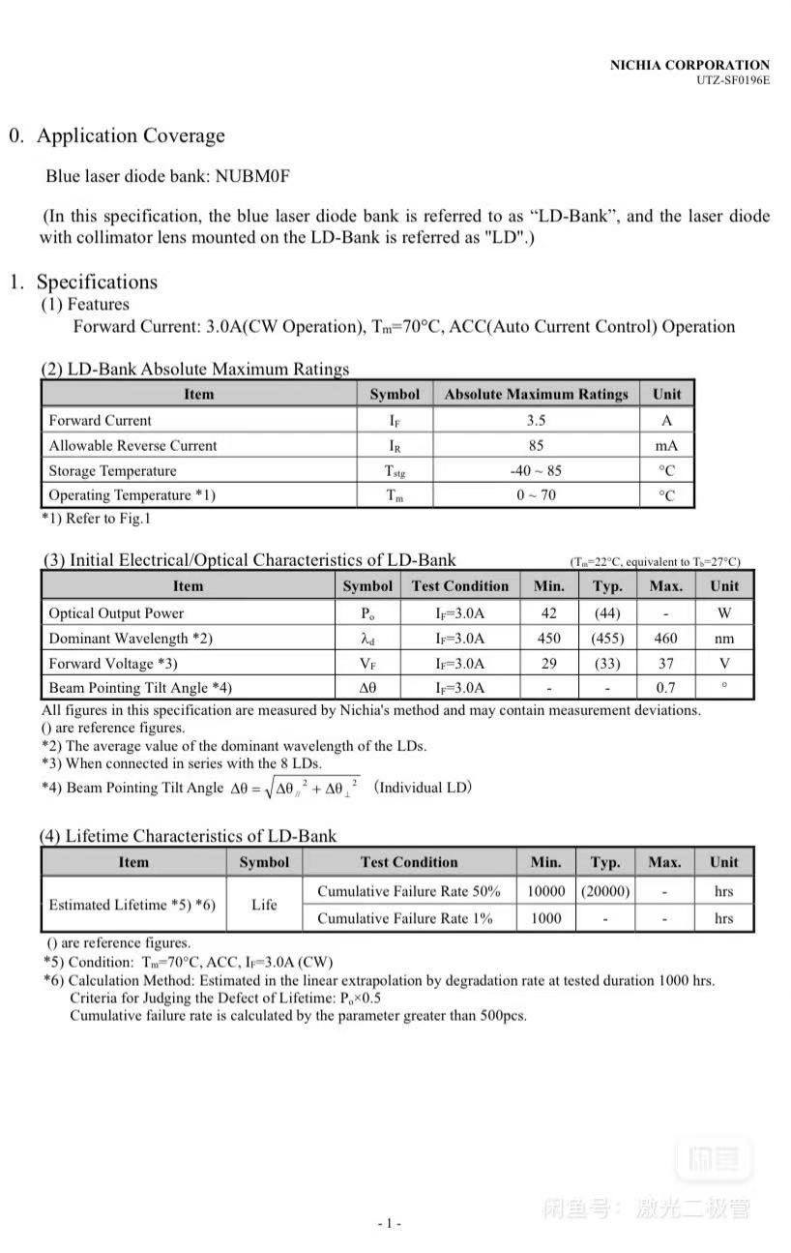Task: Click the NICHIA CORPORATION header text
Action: click(689, 65)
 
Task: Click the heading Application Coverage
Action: click(131, 135)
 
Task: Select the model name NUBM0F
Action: click(252, 177)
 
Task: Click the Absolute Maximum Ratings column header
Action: click(536, 394)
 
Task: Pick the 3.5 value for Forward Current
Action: click(536, 420)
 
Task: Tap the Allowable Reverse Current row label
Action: click(132, 445)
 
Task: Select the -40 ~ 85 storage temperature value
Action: click(536, 470)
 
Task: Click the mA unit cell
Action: click(666, 445)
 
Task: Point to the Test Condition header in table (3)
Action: click(459, 585)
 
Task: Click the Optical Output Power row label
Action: click(116, 612)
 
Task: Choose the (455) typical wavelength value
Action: click(607, 638)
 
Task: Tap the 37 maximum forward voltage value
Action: click(665, 663)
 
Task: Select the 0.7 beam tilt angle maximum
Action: click(665, 688)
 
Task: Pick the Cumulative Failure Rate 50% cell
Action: click(409, 891)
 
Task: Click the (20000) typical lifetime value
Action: click(605, 891)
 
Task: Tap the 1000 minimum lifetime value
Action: click(545, 918)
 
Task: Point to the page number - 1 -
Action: click(389, 1223)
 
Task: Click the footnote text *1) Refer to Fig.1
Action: click(96, 519)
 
